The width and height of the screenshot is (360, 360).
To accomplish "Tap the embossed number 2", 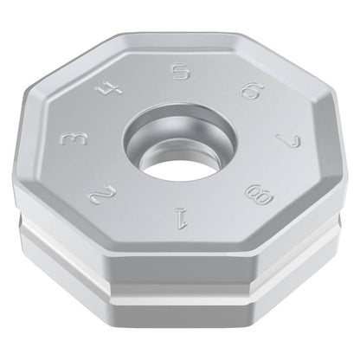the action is (102, 196).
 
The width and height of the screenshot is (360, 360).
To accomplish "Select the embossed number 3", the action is (73, 139).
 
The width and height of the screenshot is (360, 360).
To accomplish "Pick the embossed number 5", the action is (181, 71).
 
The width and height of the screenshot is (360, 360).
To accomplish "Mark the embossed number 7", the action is (288, 139).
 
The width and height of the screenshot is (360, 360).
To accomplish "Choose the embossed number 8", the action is (259, 195).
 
